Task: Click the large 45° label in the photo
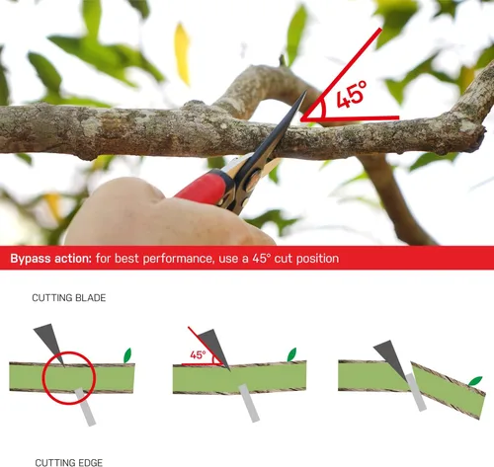(351, 95)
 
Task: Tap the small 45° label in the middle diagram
(198, 355)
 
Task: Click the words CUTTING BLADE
(69, 298)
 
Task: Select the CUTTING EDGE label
(69, 462)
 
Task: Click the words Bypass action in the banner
(50, 259)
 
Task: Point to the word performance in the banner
(178, 259)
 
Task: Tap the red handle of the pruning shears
(205, 188)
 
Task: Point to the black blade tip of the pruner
(305, 93)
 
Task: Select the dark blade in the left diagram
(49, 344)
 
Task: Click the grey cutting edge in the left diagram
(85, 407)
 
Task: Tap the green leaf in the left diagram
(127, 355)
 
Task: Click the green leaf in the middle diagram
(291, 354)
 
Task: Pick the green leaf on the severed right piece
(475, 381)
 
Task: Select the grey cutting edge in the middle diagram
(249, 403)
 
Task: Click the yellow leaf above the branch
(182, 53)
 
